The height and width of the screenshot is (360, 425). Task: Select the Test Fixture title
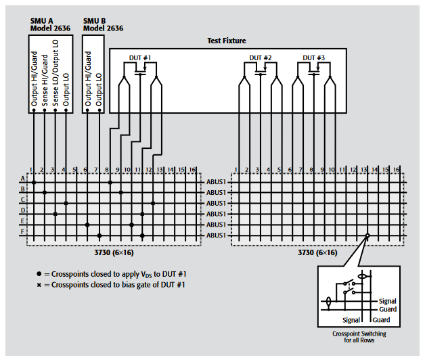[226, 41]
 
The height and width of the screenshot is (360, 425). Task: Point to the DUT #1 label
[140, 58]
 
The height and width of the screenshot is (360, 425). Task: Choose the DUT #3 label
[313, 58]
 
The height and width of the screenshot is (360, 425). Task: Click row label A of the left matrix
[22, 180]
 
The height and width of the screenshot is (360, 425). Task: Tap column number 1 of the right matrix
[236, 168]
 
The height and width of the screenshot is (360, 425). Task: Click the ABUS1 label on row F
[216, 235]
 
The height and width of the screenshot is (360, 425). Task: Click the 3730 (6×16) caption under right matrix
[318, 252]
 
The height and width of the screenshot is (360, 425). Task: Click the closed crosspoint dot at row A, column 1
[33, 181]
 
